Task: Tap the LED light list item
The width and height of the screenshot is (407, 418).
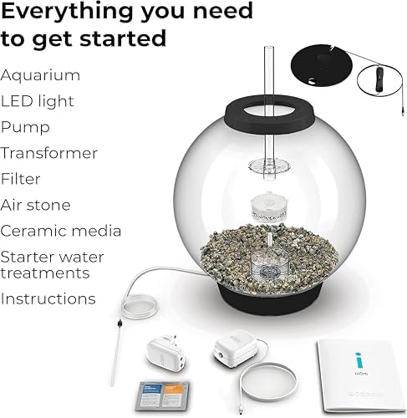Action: click(x=38, y=101)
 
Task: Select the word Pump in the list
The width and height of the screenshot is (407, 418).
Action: click(x=25, y=127)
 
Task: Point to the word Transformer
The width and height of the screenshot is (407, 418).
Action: click(x=49, y=153)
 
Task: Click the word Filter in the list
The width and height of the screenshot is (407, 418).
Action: click(x=21, y=179)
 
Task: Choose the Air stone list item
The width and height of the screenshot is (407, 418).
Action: click(x=36, y=205)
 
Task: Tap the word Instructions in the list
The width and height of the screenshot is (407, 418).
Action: click(x=48, y=298)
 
